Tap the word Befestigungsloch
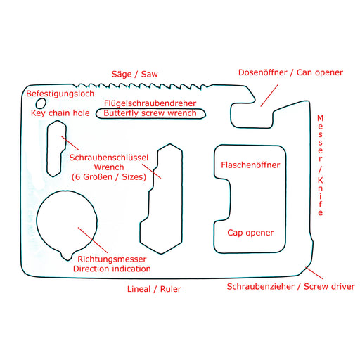[x=60, y=94]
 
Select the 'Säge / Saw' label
[x=135, y=74]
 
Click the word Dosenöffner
[x=262, y=72]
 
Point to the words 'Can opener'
[x=320, y=72]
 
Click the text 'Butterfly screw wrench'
[x=150, y=113]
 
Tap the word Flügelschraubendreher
[x=150, y=103]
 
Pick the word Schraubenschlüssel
[x=109, y=157]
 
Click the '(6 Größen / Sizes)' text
[x=109, y=177]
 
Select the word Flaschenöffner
[x=250, y=165]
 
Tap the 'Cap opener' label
[x=250, y=233]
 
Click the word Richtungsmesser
[x=112, y=259]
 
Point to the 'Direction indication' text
[x=112, y=269]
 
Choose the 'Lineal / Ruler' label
[x=154, y=289]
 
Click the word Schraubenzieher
[x=261, y=287]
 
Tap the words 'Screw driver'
[x=329, y=287]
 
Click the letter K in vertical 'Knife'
[x=320, y=180]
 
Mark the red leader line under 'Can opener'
[x=269, y=96]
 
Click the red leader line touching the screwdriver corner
[x=314, y=273]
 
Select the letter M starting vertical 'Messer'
[x=320, y=118]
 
